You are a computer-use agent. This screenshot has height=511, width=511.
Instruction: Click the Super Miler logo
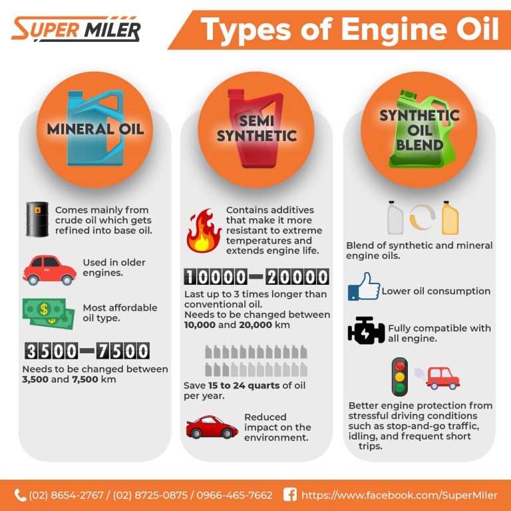(x=76, y=29)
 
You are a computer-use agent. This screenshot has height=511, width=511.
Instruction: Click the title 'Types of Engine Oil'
(x=349, y=30)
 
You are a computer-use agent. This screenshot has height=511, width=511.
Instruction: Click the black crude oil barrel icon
(x=37, y=220)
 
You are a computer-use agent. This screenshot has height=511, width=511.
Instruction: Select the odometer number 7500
(x=122, y=351)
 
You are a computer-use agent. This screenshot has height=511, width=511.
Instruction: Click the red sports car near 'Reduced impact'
(x=212, y=427)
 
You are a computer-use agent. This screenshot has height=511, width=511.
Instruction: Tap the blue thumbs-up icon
(x=363, y=287)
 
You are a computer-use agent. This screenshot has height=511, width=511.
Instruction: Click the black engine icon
(x=366, y=331)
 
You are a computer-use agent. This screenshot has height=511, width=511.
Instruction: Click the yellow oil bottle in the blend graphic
(x=450, y=218)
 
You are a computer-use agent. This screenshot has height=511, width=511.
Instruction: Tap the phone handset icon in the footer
(x=20, y=494)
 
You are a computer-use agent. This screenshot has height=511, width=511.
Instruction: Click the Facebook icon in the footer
(x=289, y=494)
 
